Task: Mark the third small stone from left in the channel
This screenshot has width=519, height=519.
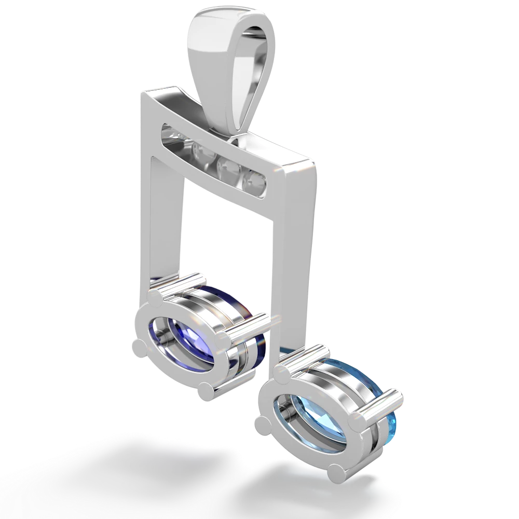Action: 227,167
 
